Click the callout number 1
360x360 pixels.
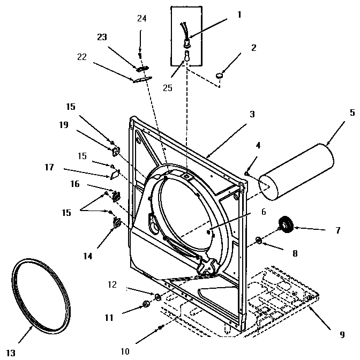[239, 14]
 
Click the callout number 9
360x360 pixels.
[342, 335]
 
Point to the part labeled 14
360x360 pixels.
[116, 220]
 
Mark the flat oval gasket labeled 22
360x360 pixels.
[140, 79]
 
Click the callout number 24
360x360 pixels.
[141, 18]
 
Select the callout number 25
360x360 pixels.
[168, 88]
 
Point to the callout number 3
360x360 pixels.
[252, 114]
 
